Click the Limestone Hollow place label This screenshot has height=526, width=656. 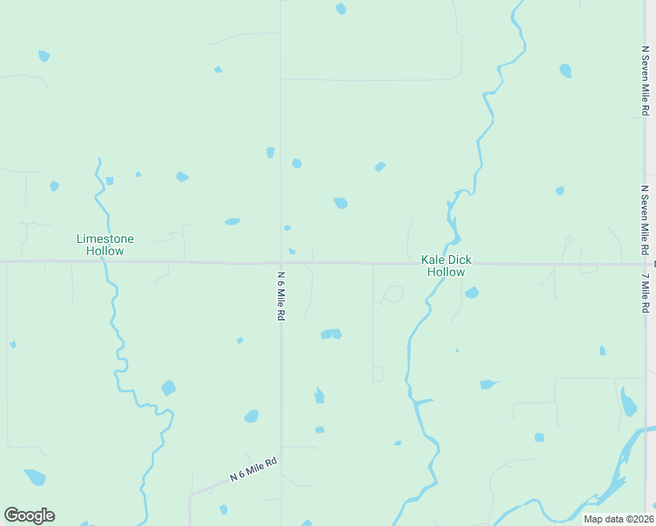pyautogui.click(x=105, y=245)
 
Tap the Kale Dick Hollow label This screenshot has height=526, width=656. pyautogui.click(x=446, y=266)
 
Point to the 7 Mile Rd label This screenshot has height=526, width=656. pyautogui.click(x=645, y=293)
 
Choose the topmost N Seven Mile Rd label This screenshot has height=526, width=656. pyautogui.click(x=645, y=82)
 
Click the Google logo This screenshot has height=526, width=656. pyautogui.click(x=29, y=515)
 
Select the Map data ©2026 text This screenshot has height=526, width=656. pyautogui.click(x=617, y=519)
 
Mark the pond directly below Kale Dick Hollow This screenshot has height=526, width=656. pyautogui.click(x=472, y=292)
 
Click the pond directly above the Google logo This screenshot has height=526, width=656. pyautogui.click(x=34, y=477)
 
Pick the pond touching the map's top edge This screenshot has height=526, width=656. pyautogui.click(x=340, y=9)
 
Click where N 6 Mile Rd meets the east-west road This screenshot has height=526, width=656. pyautogui.click(x=282, y=262)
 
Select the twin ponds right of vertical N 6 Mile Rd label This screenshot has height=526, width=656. pyautogui.click(x=331, y=334)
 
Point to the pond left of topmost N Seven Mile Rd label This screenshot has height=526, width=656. pyautogui.click(x=566, y=71)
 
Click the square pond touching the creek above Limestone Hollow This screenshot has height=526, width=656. pyautogui.click(x=110, y=181)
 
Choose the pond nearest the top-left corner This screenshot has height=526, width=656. pyautogui.click(x=44, y=56)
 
